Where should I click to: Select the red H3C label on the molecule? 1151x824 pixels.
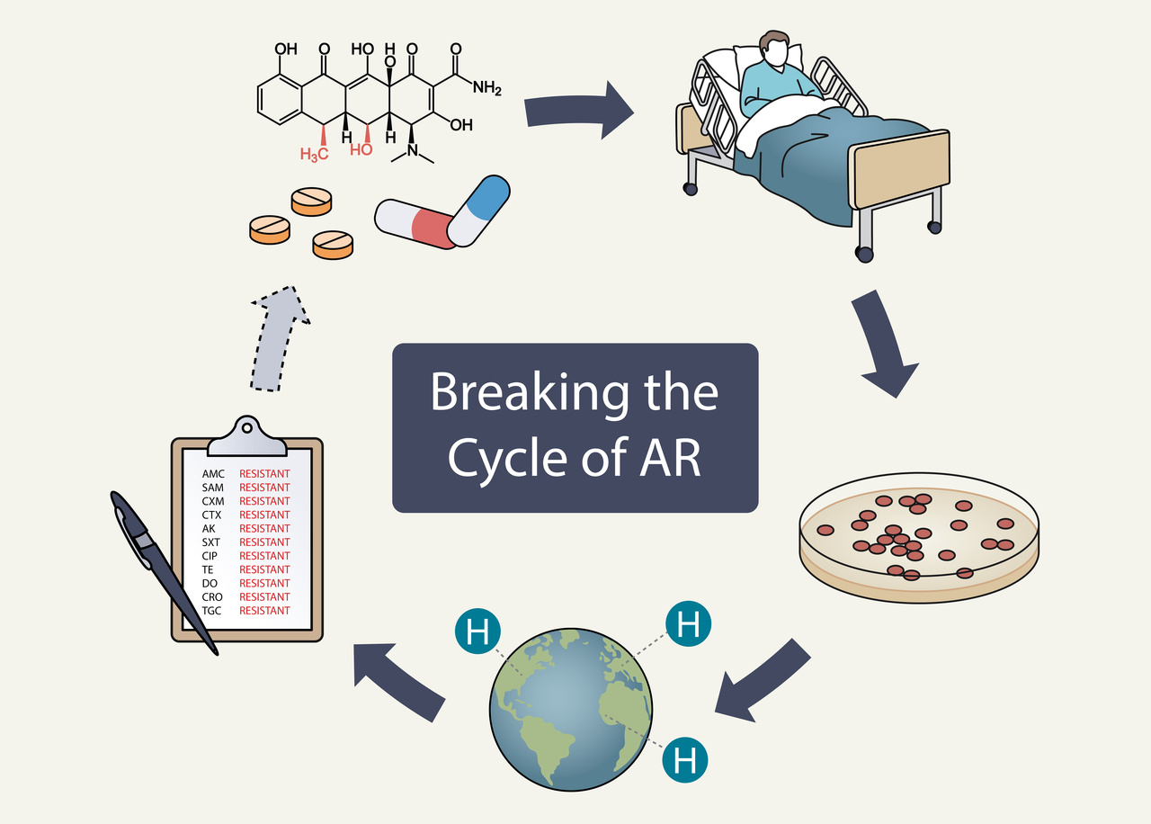(314, 154)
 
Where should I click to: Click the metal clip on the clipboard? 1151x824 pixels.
(246, 436)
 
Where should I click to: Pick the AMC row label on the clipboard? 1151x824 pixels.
(213, 473)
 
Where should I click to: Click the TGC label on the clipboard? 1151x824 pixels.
(212, 611)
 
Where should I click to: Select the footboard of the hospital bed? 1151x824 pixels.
(900, 170)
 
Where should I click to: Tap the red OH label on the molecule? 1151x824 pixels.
(361, 149)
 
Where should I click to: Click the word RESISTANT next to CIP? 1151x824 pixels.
(264, 556)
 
